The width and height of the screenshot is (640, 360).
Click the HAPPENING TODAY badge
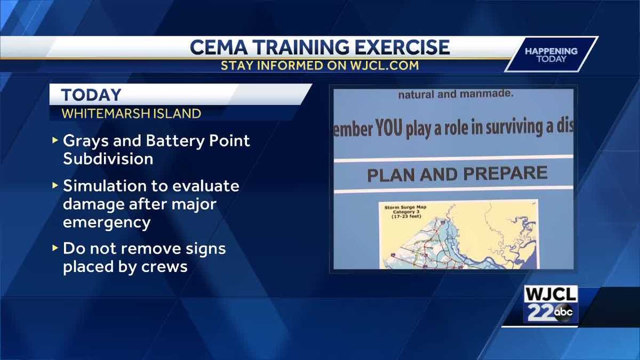pos(550,54)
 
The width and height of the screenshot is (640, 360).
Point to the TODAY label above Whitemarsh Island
pos(91,95)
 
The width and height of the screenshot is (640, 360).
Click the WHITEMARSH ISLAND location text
pos(131,114)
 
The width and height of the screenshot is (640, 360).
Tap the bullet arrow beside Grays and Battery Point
pos(55,141)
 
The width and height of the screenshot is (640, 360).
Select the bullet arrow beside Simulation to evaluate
pos(55,186)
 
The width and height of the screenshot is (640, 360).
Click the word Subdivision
pos(108,159)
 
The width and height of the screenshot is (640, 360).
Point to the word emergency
pos(107,222)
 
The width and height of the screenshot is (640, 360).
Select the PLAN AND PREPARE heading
pos(457,174)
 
